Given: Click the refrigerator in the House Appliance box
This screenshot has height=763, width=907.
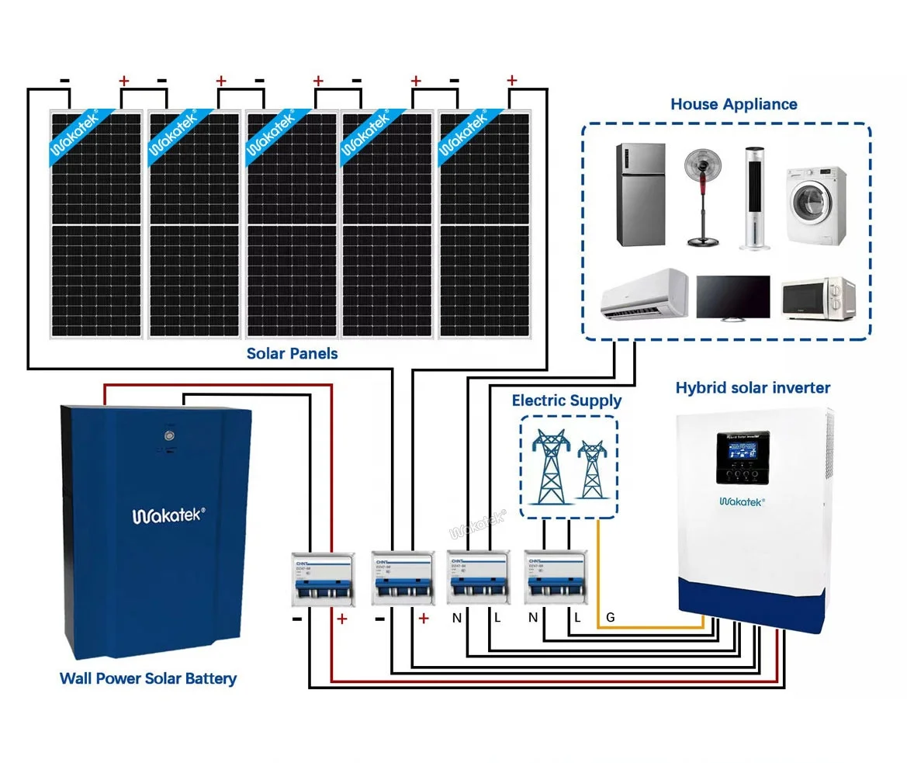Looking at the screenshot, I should [641, 194].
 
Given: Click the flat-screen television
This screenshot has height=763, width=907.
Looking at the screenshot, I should [733, 297].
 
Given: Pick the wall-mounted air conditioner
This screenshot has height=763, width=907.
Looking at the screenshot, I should [644, 293].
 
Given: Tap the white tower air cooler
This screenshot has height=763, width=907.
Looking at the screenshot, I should [756, 198].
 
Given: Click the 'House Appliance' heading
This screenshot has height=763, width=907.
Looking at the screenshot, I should [733, 104].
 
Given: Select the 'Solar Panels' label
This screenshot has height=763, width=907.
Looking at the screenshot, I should [293, 354].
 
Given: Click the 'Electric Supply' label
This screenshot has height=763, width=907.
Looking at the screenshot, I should [566, 401].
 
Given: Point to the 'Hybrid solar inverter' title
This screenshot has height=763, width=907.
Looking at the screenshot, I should [753, 387].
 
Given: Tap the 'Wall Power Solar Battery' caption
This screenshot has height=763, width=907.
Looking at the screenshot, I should [148, 679].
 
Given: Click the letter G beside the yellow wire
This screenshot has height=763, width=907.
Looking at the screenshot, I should [611, 618].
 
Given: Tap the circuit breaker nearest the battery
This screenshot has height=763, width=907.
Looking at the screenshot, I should [321, 578].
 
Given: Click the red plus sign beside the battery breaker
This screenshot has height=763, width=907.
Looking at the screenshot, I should [341, 619].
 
